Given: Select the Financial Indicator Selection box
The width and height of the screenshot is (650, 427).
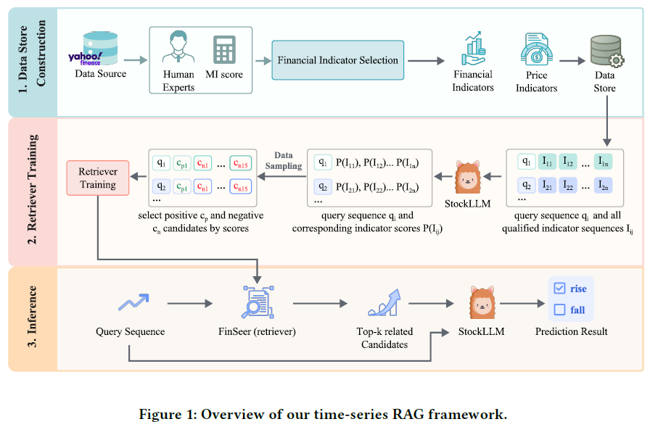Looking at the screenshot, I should (338, 60).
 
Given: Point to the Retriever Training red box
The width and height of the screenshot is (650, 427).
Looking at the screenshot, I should (98, 178).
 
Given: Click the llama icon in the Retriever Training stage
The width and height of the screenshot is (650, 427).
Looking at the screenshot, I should (468, 175).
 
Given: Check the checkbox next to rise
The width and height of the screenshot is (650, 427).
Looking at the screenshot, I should (559, 289).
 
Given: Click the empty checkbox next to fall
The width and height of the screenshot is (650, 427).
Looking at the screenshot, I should (559, 310).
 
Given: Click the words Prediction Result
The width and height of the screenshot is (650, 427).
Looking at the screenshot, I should (572, 332).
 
